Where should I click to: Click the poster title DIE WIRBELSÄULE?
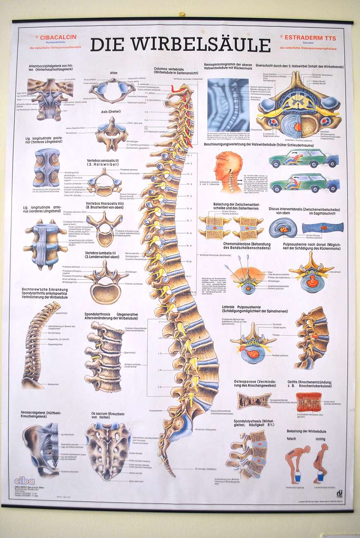tap(180, 45)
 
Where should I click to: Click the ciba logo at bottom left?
tap(24, 480)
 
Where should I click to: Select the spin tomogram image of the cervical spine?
tap(228, 105)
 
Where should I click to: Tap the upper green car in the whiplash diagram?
tap(303, 159)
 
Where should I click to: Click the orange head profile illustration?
tap(228, 171)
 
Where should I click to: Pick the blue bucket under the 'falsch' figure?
tap(297, 478)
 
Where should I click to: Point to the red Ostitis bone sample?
tap(309, 401)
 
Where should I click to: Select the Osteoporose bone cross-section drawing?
tap(254, 400)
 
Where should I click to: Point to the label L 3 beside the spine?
tap(159, 353)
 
